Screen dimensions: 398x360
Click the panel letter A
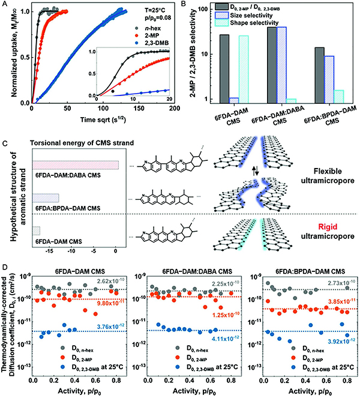pos(5,5)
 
